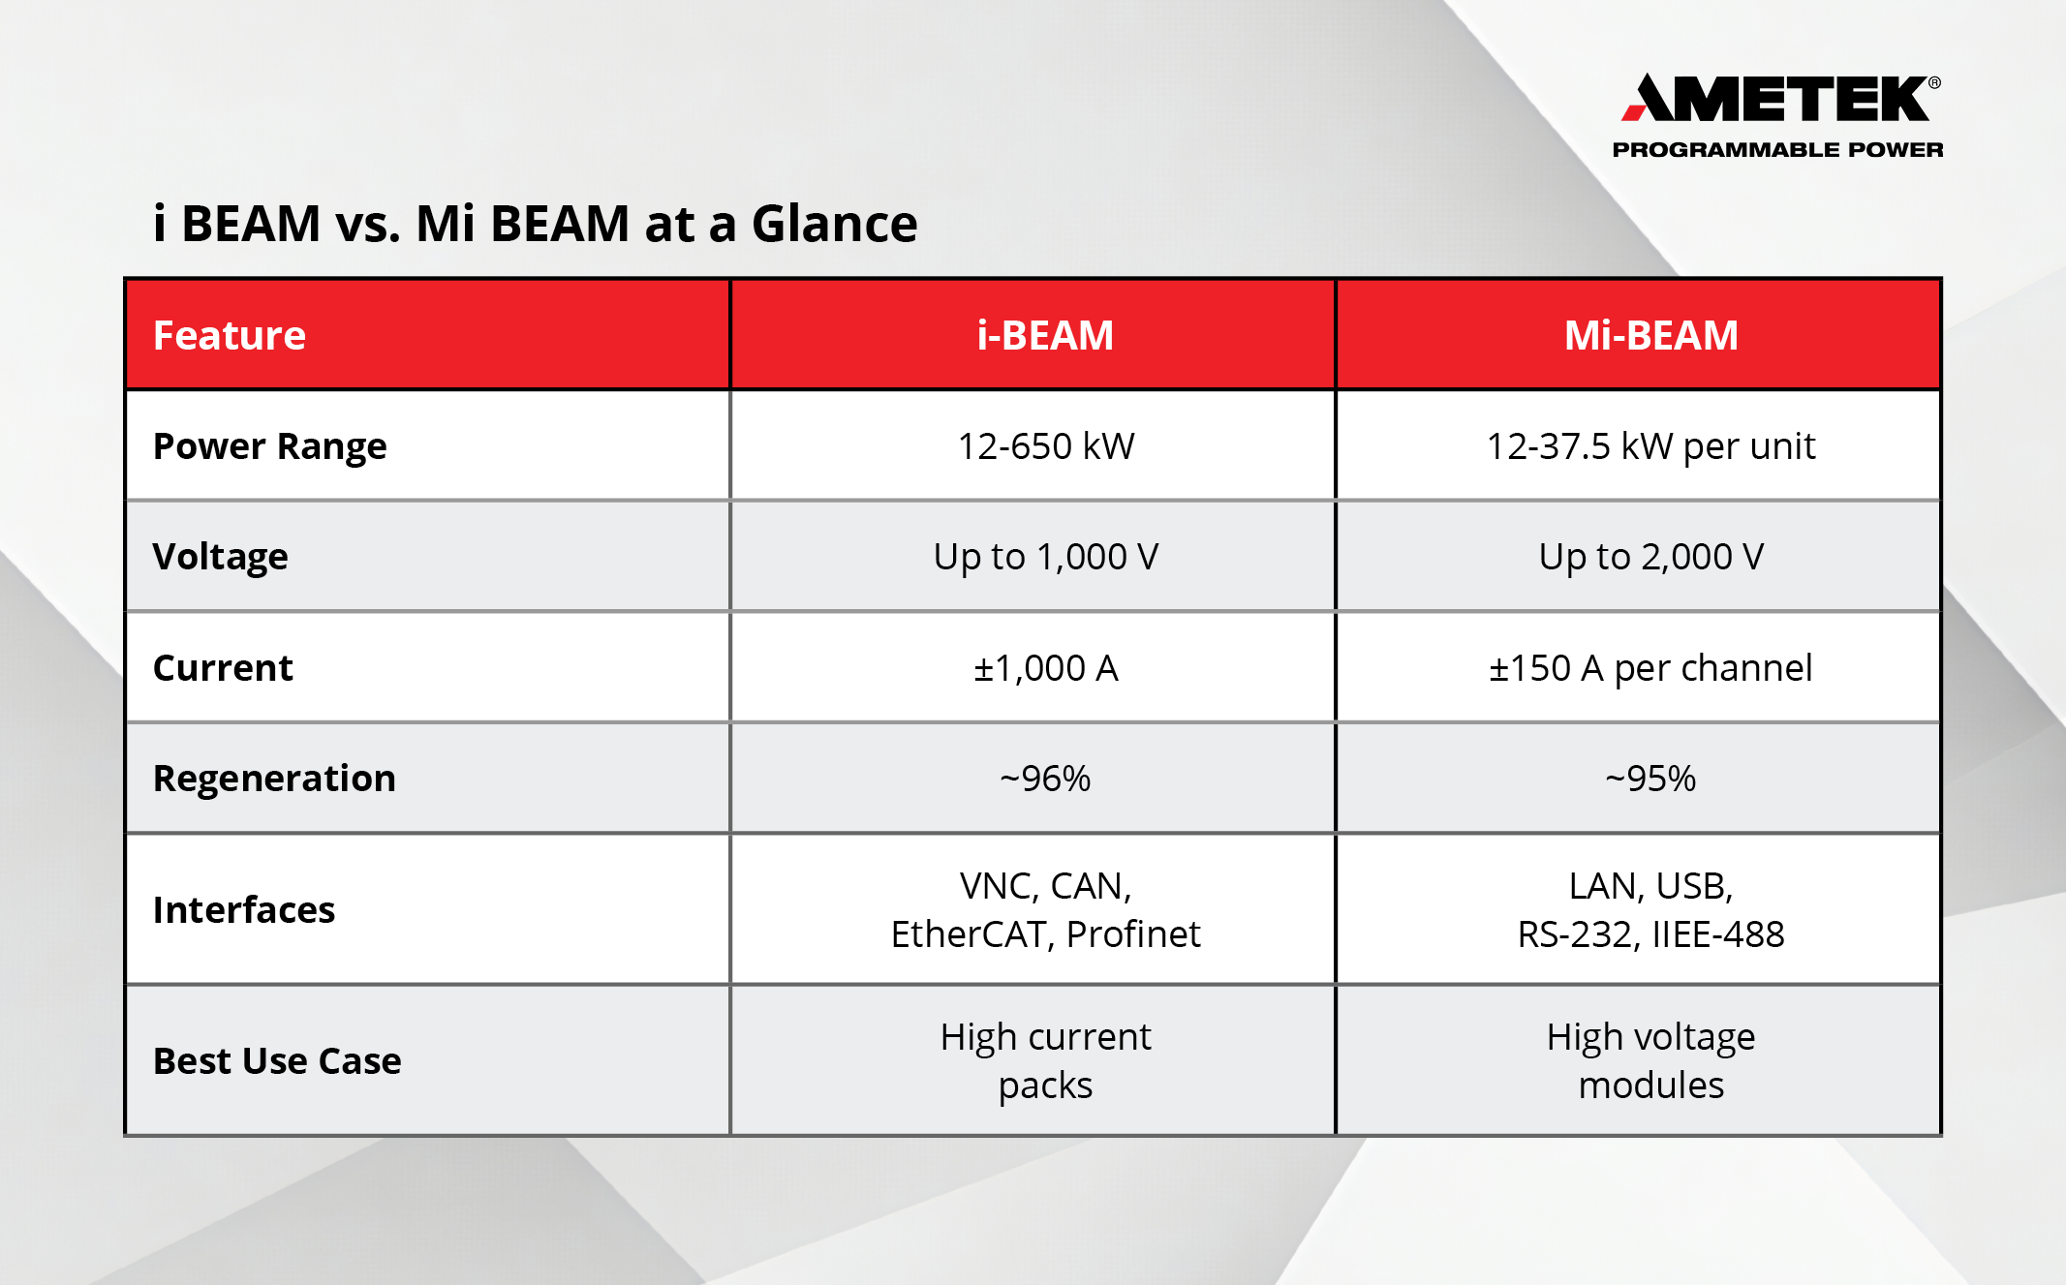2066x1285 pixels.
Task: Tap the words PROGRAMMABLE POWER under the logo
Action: click(x=1777, y=150)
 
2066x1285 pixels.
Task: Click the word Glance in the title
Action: click(x=834, y=224)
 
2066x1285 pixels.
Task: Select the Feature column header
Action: click(x=230, y=335)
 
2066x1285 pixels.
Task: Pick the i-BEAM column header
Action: click(x=1045, y=335)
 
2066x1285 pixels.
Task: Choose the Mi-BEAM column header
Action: click(x=1650, y=335)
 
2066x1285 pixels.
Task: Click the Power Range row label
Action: click(x=269, y=446)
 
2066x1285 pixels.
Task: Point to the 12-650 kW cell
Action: click(x=1045, y=446)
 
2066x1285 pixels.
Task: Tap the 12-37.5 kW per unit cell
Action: click(x=1650, y=446)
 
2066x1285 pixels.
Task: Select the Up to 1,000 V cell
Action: click(x=1045, y=557)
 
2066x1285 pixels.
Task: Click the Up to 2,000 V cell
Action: click(x=1650, y=557)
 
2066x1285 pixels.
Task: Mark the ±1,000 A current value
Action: click(x=1045, y=668)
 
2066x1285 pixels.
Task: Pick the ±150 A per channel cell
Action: click(x=1650, y=668)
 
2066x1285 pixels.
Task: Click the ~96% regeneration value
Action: click(x=1045, y=779)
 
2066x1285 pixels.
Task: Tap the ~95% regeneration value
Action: click(x=1650, y=779)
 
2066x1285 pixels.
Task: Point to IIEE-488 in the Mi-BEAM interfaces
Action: click(x=1717, y=934)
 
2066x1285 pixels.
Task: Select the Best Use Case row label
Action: click(x=277, y=1061)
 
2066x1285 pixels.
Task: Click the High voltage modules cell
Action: click(x=1650, y=1061)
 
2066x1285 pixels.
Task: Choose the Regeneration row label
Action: click(x=274, y=779)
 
